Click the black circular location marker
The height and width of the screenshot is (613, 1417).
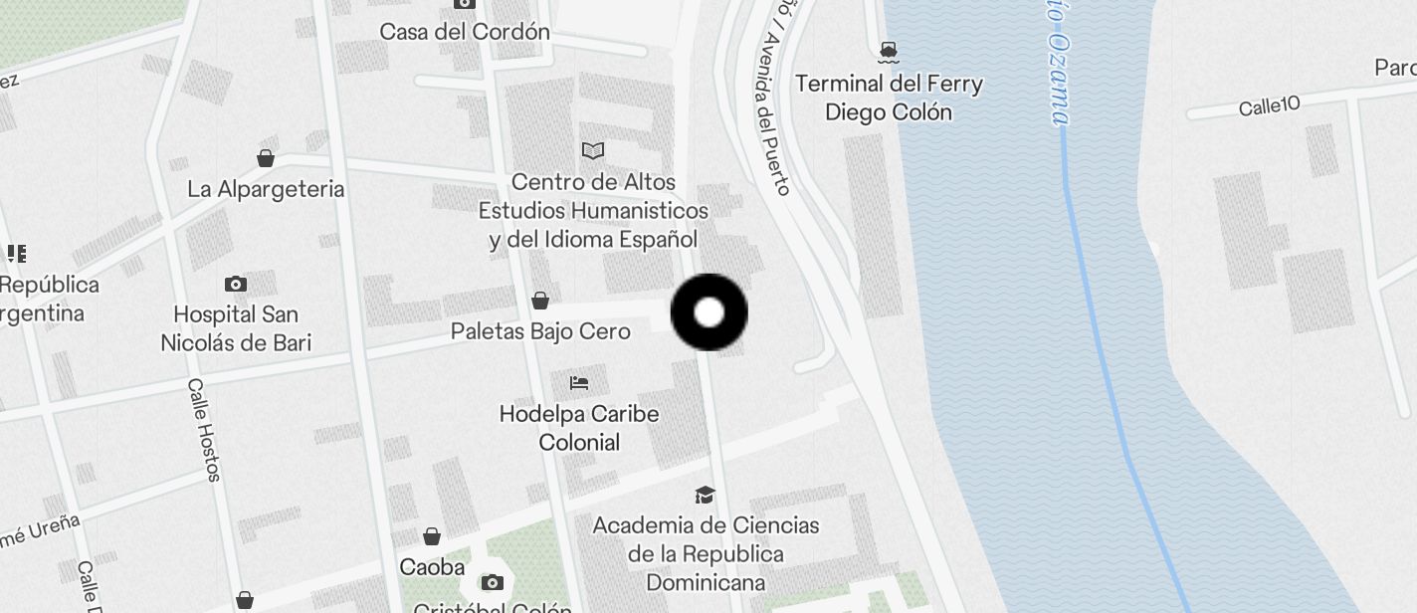(x=708, y=312)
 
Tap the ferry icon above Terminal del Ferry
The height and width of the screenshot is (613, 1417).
(x=889, y=51)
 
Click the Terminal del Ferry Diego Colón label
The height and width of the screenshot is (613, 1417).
(x=889, y=98)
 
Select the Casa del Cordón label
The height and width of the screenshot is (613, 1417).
(x=465, y=32)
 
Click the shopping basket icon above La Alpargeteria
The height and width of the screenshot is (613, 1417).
(x=266, y=158)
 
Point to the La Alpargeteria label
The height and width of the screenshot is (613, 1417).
(x=266, y=189)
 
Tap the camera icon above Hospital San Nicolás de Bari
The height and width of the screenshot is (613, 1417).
(x=236, y=285)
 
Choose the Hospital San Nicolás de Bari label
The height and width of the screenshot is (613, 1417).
(x=237, y=328)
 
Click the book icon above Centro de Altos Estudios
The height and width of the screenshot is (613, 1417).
(x=593, y=150)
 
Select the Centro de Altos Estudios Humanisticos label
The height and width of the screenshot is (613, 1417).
(x=593, y=211)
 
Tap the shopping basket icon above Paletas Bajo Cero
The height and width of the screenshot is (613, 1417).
(x=540, y=300)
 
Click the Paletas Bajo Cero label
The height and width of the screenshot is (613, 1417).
(x=540, y=330)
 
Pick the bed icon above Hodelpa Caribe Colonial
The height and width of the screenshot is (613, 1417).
(x=579, y=383)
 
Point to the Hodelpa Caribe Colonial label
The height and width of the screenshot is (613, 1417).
(x=579, y=427)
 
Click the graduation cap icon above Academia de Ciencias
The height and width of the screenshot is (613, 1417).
(x=705, y=495)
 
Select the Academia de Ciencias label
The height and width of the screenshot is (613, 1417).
(x=706, y=553)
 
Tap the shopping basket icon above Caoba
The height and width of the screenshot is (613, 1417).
(x=432, y=537)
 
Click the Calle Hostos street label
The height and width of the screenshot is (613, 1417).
(x=203, y=430)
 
